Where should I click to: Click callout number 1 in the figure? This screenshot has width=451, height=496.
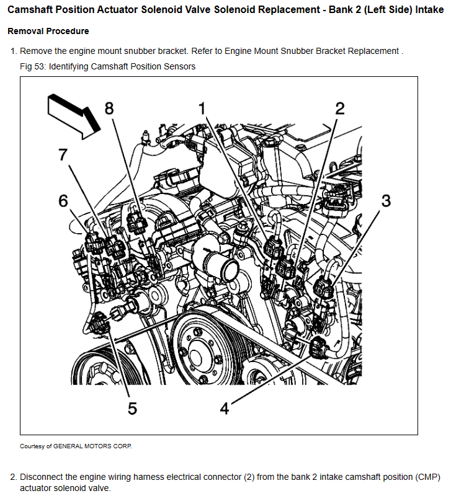pyautogui.click(x=202, y=109)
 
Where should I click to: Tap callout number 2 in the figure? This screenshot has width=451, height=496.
pyautogui.click(x=339, y=109)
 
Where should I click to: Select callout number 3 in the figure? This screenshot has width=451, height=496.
pyautogui.click(x=386, y=200)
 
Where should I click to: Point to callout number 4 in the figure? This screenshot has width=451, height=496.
pyautogui.click(x=225, y=409)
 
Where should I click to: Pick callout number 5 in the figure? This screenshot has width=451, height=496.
pyautogui.click(x=132, y=408)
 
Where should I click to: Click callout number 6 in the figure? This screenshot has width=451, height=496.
pyautogui.click(x=63, y=201)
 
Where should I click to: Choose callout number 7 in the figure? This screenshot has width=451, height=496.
pyautogui.click(x=62, y=155)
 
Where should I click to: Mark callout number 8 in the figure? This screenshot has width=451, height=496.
pyautogui.click(x=109, y=108)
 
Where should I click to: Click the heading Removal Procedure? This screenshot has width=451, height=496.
pyautogui.click(x=48, y=31)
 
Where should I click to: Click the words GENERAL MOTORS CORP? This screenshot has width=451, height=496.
pyautogui.click(x=92, y=446)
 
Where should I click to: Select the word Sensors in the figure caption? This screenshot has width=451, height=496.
pyautogui.click(x=178, y=66)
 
